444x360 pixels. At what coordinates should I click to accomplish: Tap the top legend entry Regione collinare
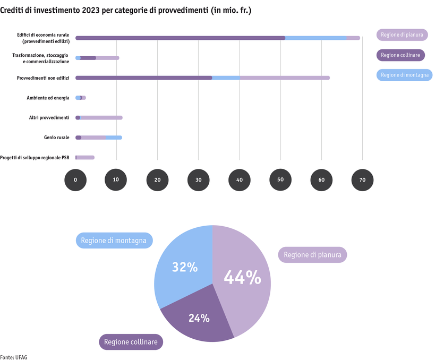pos(401,55)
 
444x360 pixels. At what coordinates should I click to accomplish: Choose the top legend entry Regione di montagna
pos(404,75)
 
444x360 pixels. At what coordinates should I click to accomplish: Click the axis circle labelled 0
pos(75,180)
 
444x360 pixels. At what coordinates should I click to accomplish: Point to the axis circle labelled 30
pos(198,180)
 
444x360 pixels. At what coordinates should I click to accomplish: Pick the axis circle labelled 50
pos(280,180)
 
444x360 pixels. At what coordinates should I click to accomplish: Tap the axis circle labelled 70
pos(362,180)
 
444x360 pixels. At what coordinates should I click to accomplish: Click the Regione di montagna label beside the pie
pos(115,241)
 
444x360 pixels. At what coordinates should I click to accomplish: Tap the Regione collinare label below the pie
pos(131,342)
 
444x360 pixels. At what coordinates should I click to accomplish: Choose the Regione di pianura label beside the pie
pos(312,255)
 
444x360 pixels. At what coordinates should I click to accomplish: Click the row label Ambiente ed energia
pos(48,98)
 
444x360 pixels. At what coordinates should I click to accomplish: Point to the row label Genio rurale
pos(56,138)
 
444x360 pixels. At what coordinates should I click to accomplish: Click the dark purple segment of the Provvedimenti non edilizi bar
pos(143,78)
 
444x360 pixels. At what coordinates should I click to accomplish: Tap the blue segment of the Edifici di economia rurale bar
pos(316,38)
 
